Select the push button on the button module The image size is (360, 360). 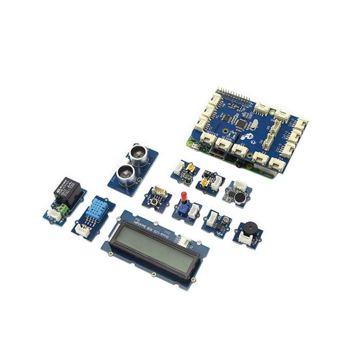click(155, 199)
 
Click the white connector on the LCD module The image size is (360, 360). click(183, 240)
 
